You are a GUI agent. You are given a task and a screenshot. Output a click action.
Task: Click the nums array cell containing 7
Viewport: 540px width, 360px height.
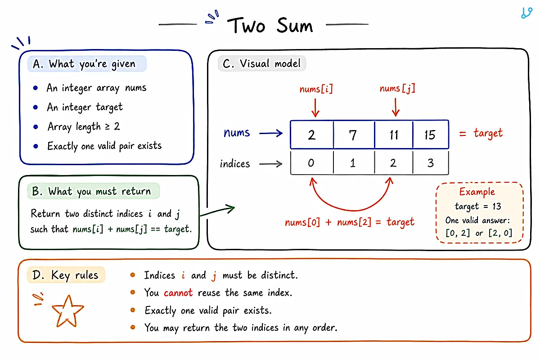tap(354, 135)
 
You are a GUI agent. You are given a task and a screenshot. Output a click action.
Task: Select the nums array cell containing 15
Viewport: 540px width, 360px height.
tap(431, 135)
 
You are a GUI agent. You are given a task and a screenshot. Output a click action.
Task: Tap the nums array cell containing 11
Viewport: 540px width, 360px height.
tap(394, 135)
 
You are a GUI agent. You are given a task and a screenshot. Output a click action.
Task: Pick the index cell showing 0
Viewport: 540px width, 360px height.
tap(312, 162)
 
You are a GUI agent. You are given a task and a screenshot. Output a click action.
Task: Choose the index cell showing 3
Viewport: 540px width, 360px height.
tap(431, 162)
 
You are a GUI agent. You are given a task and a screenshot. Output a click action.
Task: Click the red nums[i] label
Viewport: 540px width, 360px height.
tap(316, 89)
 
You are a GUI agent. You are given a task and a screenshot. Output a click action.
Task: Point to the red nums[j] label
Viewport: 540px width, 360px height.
tap(397, 89)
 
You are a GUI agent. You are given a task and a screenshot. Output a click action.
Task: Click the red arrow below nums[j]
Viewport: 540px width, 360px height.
tap(396, 107)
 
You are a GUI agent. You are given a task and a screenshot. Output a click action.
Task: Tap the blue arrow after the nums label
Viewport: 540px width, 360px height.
tap(271, 133)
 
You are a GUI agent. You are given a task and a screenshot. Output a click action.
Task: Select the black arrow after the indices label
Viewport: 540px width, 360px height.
tap(270, 164)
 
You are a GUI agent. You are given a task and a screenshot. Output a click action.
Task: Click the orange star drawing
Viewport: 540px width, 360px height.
tap(68, 311)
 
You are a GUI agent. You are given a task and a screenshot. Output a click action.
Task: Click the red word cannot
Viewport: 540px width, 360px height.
tap(178, 293)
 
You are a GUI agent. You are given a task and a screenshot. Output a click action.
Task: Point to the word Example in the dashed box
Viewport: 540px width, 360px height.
tap(477, 192)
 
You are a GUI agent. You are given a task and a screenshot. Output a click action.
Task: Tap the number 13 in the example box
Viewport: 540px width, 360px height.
tap(497, 206)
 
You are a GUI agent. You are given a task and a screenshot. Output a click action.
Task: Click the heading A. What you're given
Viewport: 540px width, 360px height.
tap(85, 64)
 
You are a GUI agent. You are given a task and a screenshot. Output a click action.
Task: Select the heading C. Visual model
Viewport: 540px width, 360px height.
tap(261, 63)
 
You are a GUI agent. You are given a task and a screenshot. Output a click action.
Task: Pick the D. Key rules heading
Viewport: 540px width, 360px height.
tap(65, 275)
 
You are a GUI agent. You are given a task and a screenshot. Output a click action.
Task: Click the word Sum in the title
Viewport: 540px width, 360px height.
tap(295, 25)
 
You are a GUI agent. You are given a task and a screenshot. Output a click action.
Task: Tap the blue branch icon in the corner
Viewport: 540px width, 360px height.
tap(526, 13)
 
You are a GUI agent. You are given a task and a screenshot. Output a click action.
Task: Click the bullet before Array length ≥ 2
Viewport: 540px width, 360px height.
tap(36, 126)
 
